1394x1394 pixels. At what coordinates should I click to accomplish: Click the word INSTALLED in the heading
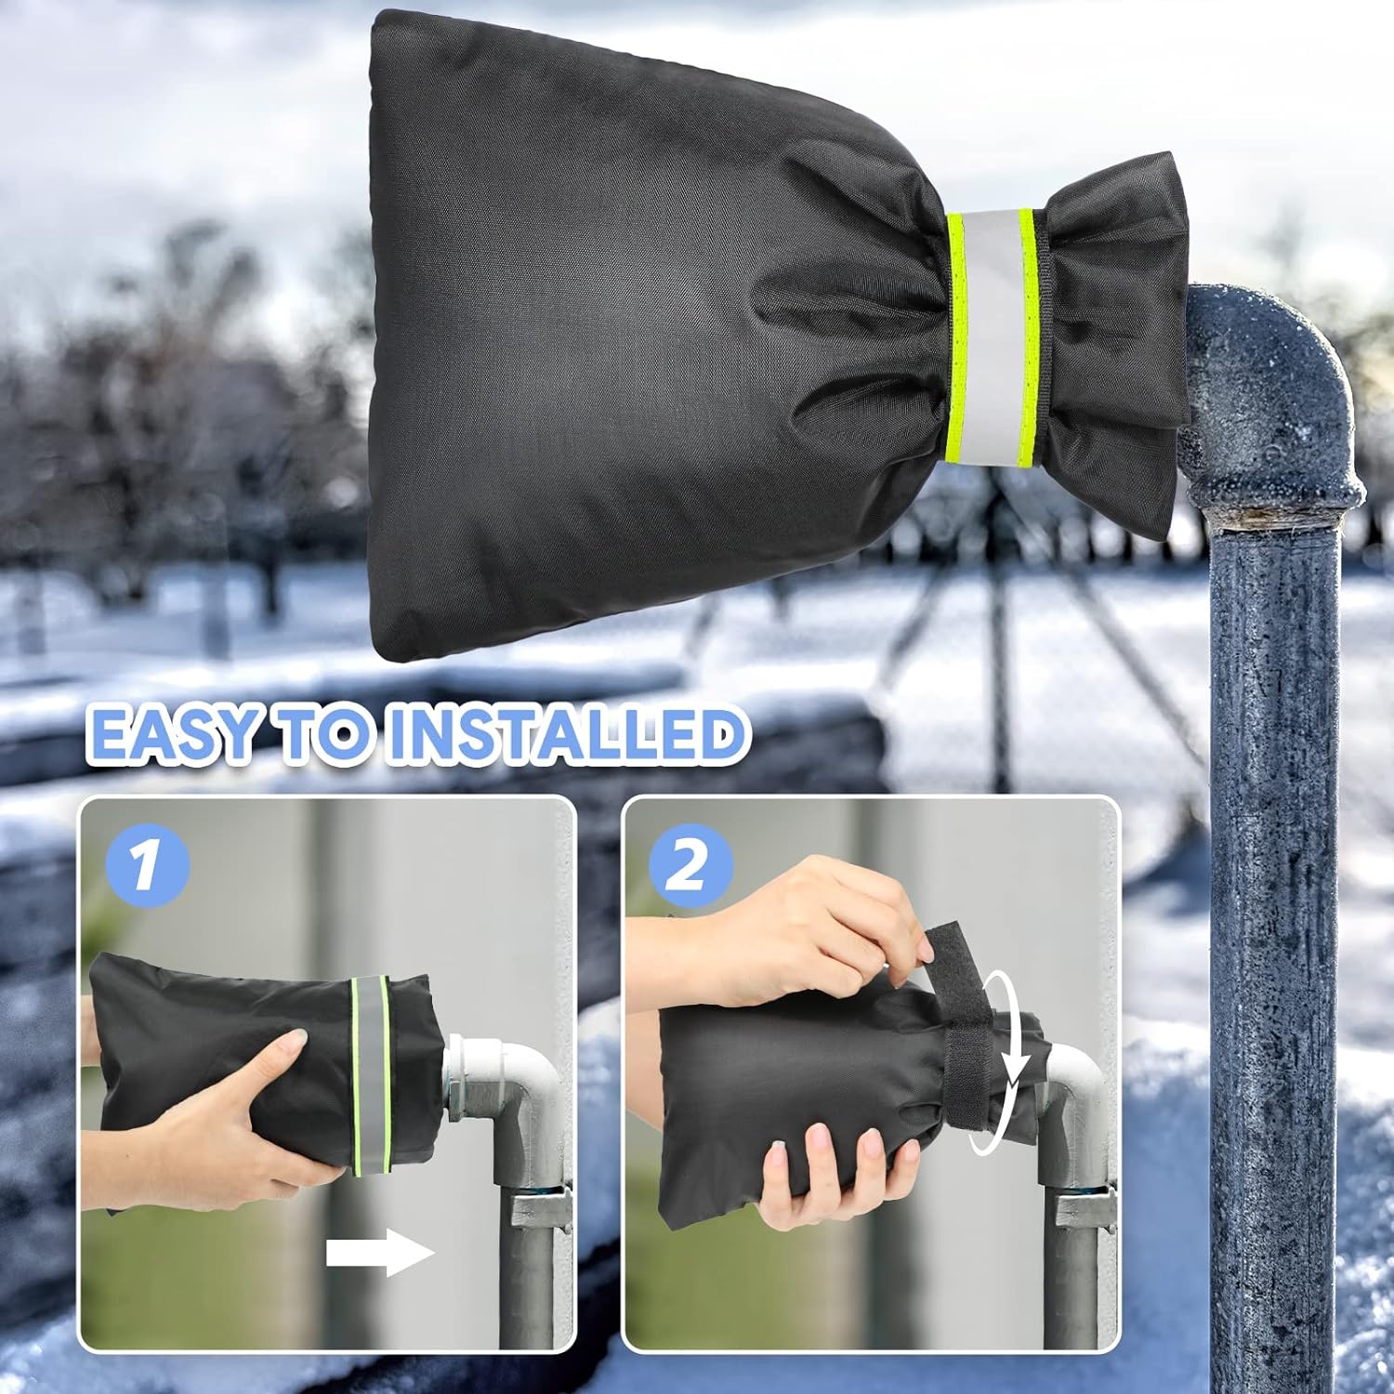(x=566, y=733)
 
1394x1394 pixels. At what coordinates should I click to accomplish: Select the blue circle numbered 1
(x=146, y=864)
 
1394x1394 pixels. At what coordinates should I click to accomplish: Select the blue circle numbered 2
(x=689, y=864)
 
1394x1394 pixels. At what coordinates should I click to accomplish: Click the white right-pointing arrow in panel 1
(x=381, y=1254)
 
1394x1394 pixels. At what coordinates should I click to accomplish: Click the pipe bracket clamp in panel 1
(x=539, y=1208)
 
